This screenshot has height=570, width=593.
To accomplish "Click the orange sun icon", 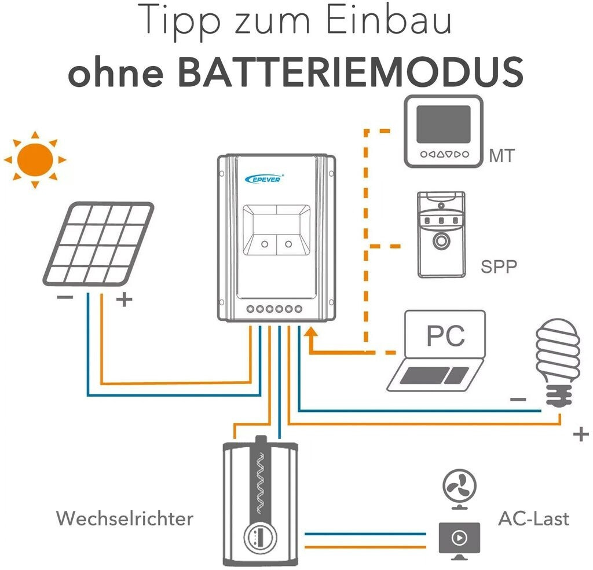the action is (35, 158).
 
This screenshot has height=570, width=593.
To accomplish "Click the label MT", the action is (501, 156).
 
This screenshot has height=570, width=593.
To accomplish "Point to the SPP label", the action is (499, 267).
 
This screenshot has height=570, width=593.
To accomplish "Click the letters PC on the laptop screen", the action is (445, 335).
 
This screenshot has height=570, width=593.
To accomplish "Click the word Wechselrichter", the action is (125, 518).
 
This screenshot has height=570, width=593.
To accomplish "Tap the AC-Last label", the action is (533, 518).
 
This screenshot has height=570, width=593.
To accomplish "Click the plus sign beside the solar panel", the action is (124, 299).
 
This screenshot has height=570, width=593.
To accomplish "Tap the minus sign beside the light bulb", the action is (518, 399).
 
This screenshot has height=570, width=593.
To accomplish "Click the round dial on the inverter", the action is (256, 536).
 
